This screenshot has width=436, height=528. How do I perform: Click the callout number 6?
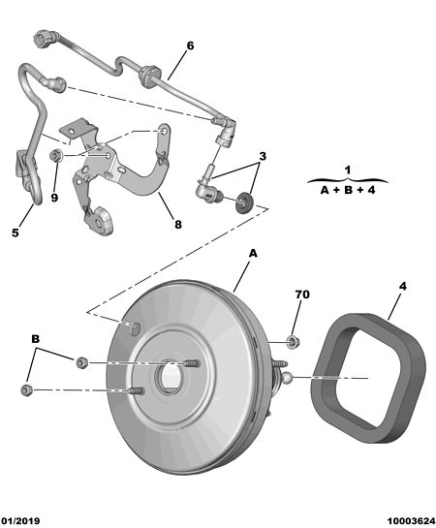[190, 46]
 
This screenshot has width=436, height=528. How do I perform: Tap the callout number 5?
[16, 233]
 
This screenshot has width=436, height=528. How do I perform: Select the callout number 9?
[54, 198]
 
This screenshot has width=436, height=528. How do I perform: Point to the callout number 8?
[178, 224]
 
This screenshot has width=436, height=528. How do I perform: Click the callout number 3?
[263, 156]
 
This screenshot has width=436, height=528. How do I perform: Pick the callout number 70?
[302, 295]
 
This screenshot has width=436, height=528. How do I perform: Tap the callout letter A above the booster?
[253, 253]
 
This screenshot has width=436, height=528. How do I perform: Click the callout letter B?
[35, 339]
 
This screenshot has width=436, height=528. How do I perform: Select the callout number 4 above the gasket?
[402, 287]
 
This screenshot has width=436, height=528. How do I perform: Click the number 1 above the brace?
[348, 170]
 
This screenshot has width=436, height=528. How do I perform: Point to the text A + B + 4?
[348, 190]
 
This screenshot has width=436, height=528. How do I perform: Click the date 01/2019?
[20, 521]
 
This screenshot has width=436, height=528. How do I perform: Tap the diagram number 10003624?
[411, 521]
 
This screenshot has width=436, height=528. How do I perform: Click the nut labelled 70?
[293, 342]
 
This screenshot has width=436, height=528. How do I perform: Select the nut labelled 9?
[55, 156]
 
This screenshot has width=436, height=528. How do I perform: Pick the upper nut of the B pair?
[81, 362]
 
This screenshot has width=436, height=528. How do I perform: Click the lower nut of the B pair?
[26, 389]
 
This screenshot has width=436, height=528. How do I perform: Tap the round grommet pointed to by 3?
[244, 202]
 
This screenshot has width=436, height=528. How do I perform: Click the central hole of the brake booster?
[170, 377]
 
